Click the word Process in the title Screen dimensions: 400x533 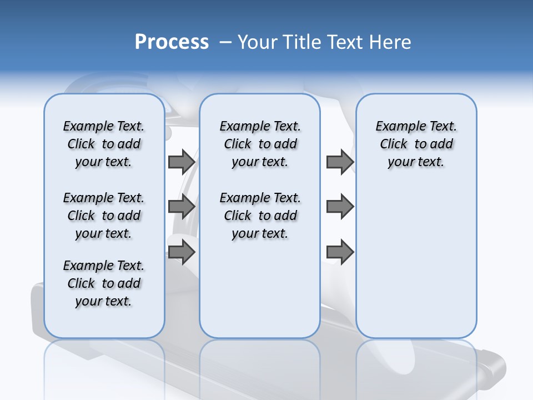point(172,42)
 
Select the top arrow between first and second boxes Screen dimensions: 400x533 point(182,162)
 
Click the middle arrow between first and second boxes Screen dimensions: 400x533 point(182,207)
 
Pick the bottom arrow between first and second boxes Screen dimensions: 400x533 point(182,252)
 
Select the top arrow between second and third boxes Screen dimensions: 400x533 point(340,162)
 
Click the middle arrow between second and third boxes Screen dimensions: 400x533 point(340,207)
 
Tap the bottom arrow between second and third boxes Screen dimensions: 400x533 point(340,252)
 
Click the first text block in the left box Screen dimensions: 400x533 point(104,144)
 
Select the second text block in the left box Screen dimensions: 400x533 point(104,216)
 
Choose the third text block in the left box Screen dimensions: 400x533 point(104,283)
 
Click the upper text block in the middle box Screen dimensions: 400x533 point(260,144)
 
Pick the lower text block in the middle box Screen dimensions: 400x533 point(260,216)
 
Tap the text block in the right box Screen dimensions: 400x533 point(416,144)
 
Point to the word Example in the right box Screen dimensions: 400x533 point(396,127)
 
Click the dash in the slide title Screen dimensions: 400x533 point(225,42)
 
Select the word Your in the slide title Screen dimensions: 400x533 point(257,42)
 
